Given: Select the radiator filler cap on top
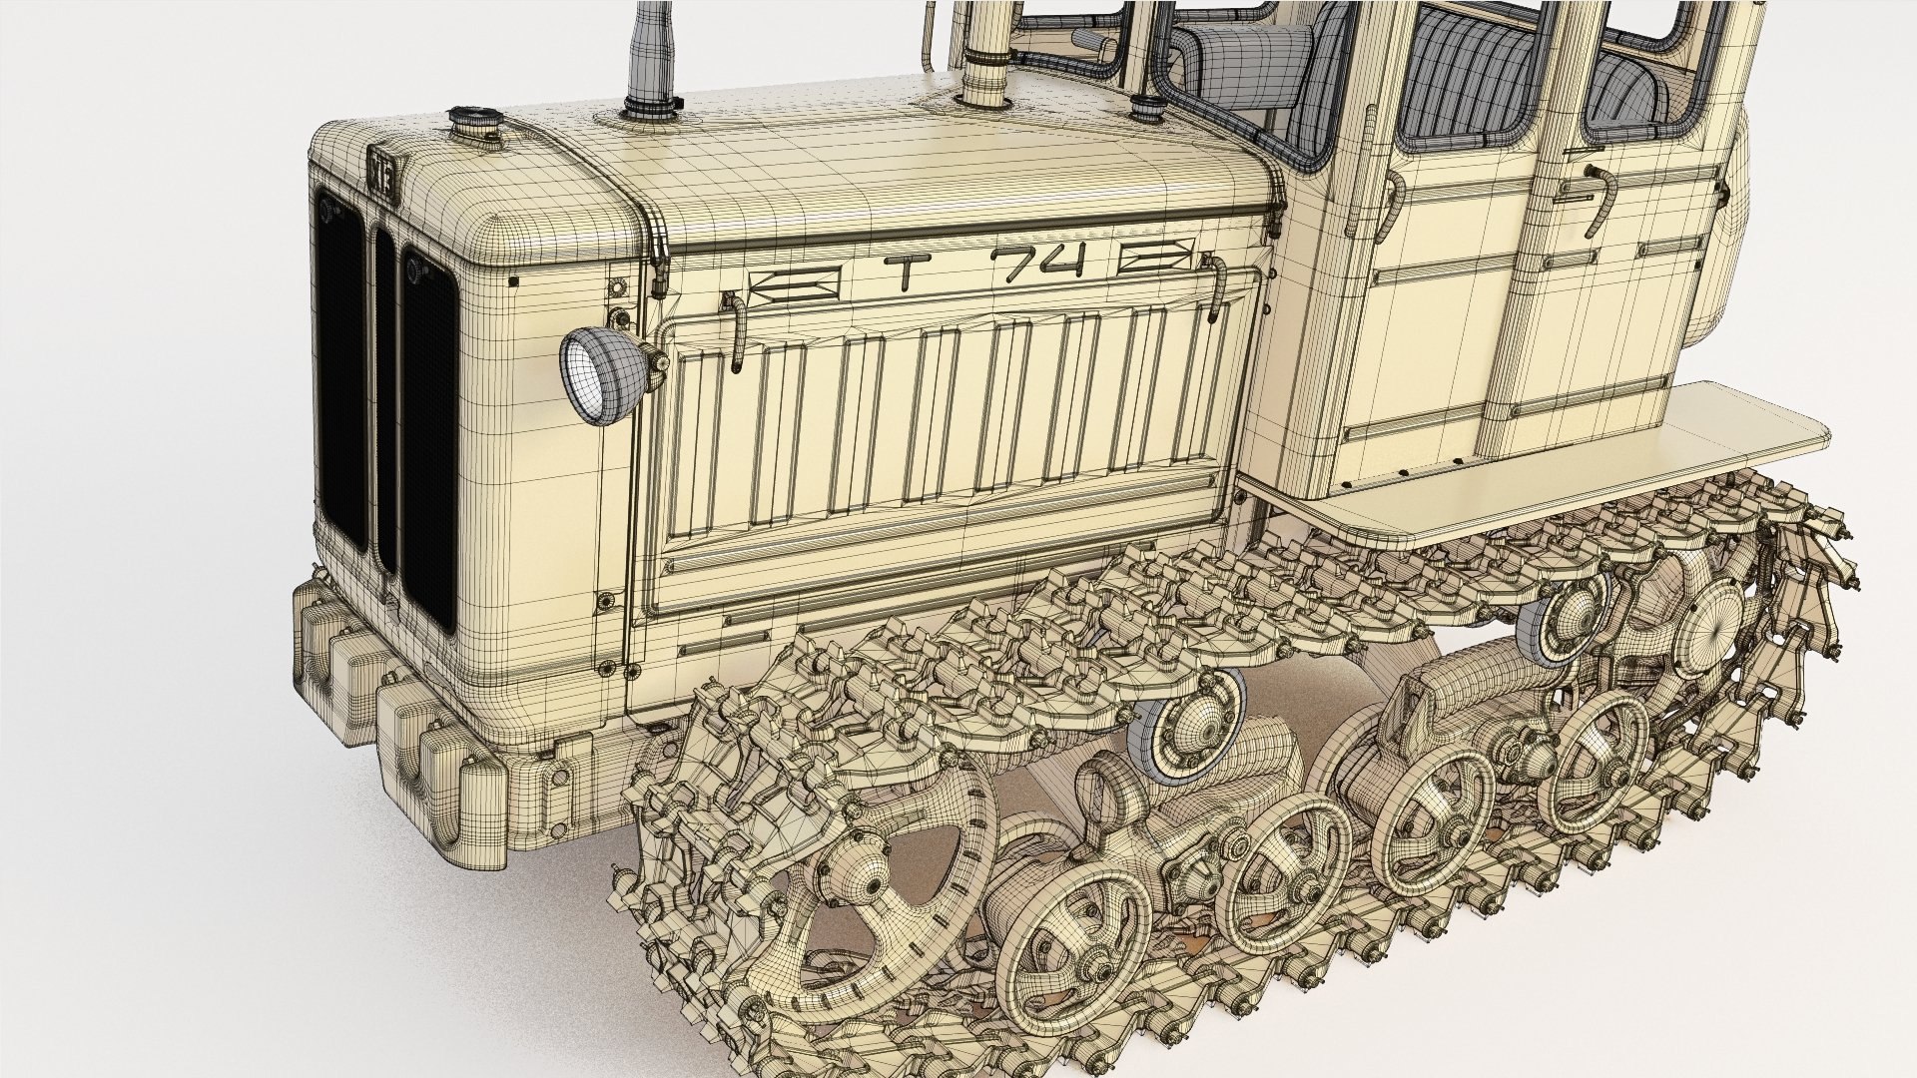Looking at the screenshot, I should coord(467,123).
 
